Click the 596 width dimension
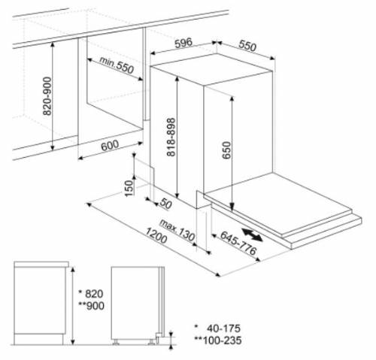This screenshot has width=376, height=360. [x=183, y=43]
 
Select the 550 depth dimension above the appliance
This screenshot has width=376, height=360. [x=247, y=46]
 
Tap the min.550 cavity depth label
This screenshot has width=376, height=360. [x=117, y=65]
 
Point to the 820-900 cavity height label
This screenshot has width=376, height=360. [x=47, y=96]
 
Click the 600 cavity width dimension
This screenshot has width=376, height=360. [x=110, y=145]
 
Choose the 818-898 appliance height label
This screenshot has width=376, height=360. [x=171, y=137]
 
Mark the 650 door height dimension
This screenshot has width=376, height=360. [x=226, y=150]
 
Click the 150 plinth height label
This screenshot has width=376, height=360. [x=129, y=188]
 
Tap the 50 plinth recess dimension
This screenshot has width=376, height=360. [x=166, y=204]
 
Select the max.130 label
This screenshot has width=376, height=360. [x=177, y=230]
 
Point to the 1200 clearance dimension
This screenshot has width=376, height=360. [x=156, y=235]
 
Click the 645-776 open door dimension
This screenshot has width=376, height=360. [x=238, y=243]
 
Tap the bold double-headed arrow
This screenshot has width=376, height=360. [x=252, y=234]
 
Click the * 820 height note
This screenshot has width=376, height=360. [x=91, y=294]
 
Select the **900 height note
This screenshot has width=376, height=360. [x=91, y=306]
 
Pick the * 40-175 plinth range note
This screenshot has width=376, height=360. [x=217, y=328]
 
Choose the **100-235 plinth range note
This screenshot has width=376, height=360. [x=218, y=340]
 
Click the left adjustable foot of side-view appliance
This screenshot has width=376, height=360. [x=116, y=342]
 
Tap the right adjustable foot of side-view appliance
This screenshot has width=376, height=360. [x=151, y=342]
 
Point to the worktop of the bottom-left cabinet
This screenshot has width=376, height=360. [x=41, y=264]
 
